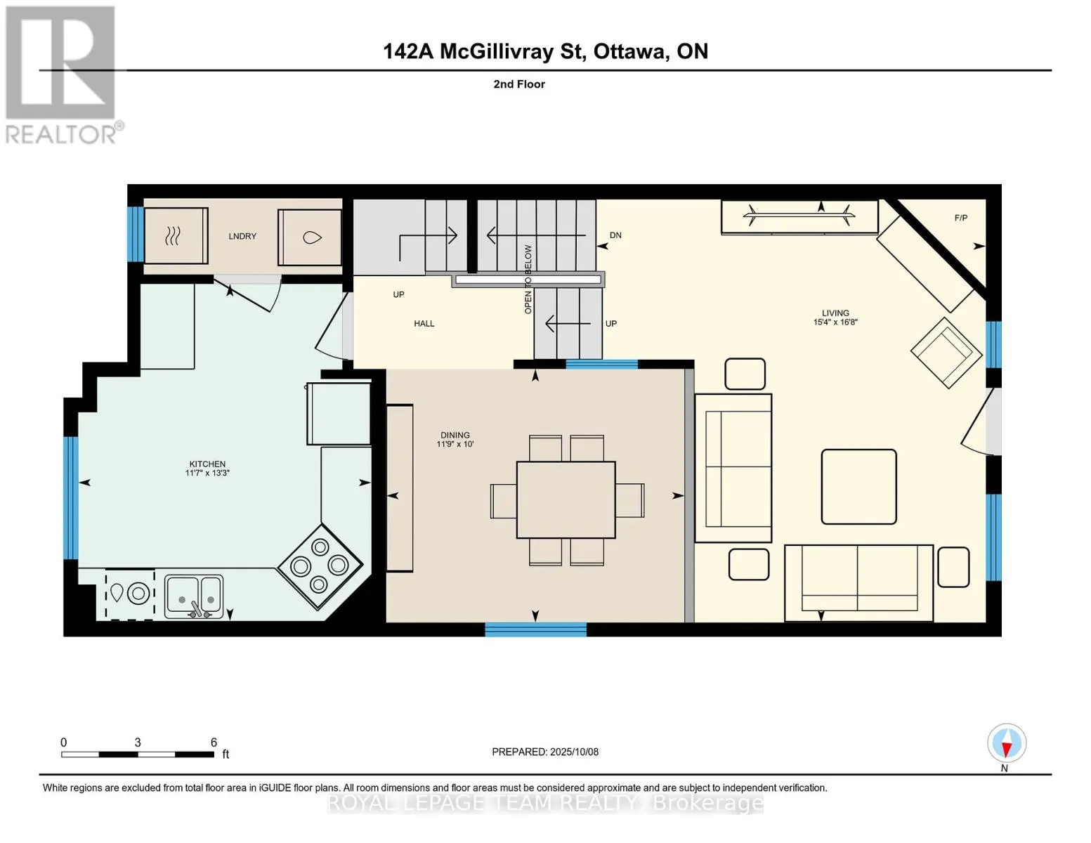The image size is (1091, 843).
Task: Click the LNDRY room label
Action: click(x=242, y=236)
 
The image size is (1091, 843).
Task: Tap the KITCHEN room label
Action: click(x=207, y=464)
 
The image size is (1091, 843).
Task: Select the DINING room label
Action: click(x=455, y=435)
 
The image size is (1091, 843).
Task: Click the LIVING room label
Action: click(x=835, y=313)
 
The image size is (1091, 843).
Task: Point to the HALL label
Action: click(x=424, y=324)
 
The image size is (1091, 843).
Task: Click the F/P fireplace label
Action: click(x=961, y=218)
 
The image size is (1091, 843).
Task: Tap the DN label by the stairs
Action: click(x=615, y=235)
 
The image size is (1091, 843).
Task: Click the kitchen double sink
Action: click(x=195, y=596)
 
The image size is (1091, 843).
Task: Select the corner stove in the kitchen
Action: click(x=320, y=567)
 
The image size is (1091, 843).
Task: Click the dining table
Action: click(x=566, y=499)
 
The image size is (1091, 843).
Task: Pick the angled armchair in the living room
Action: click(x=946, y=353)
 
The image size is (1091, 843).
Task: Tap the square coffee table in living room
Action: click(x=859, y=487)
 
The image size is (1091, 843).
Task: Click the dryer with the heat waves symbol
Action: click(x=176, y=235)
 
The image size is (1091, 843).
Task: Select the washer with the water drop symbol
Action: click(x=310, y=237)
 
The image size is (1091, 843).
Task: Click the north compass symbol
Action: click(x=1007, y=743)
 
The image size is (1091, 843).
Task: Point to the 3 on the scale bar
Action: click(x=138, y=742)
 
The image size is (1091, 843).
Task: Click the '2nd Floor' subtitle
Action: click(x=519, y=84)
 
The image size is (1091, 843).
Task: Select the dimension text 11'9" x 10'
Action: click(x=455, y=444)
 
